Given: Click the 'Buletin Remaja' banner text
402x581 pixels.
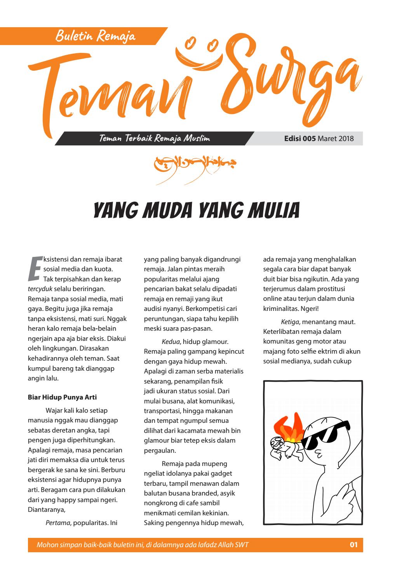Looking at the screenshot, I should coord(96,37).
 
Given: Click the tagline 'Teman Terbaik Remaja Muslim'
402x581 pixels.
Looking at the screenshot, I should coord(155,138).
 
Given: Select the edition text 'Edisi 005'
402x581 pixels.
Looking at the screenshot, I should coord(300,138).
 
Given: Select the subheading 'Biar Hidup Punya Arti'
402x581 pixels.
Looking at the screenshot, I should coord(62,397).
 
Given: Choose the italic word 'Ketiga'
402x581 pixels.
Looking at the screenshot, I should coord(290,322).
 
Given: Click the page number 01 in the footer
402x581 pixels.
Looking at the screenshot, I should coord(353,545).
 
